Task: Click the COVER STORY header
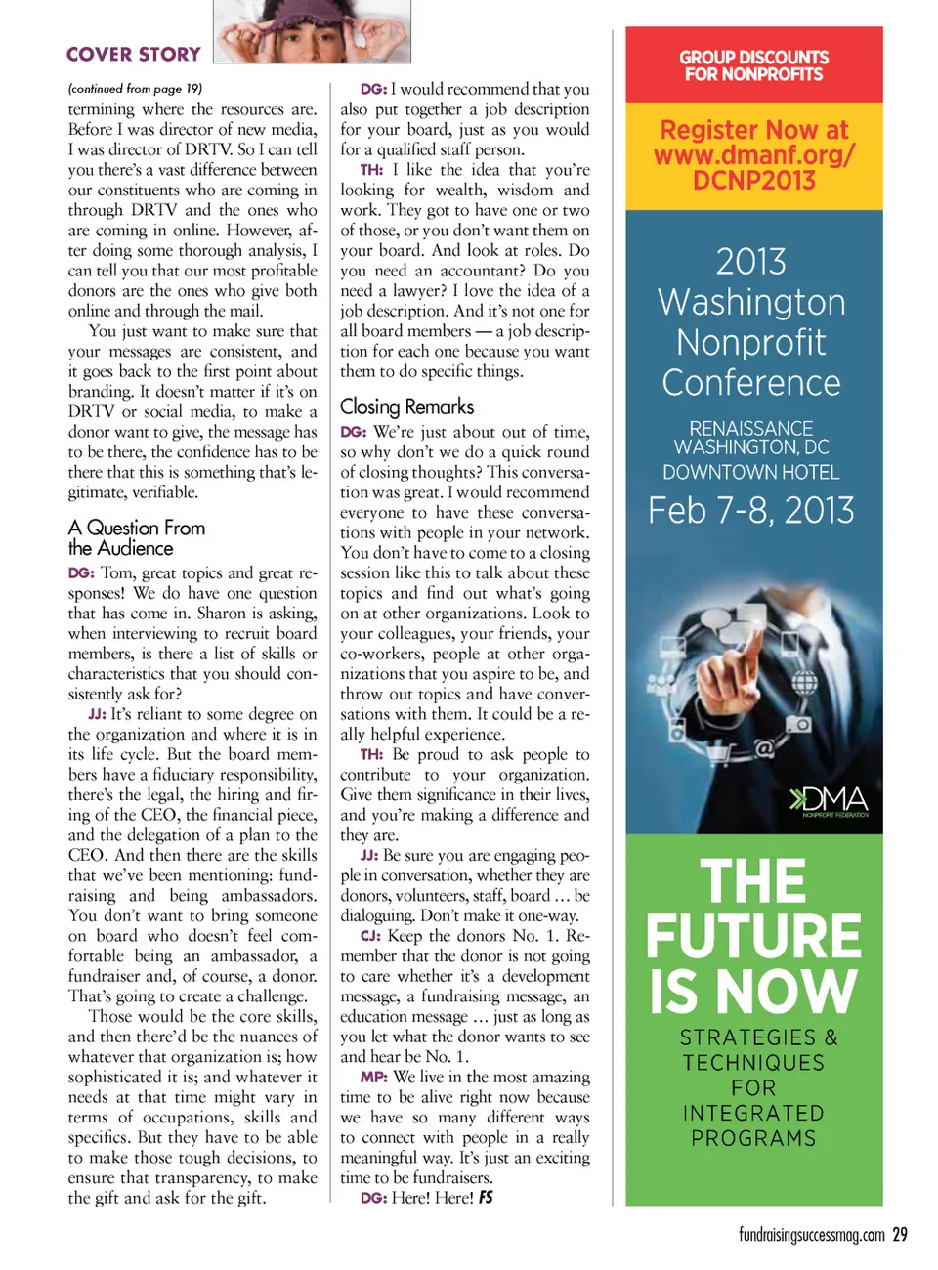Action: tap(134, 55)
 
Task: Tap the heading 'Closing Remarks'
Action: tap(406, 406)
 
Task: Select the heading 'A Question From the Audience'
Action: tap(137, 538)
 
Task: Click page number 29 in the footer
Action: tap(899, 1235)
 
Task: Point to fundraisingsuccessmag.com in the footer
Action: tap(811, 1236)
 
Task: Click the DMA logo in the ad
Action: tap(829, 800)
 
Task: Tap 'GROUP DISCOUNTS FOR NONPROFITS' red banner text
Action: tap(753, 65)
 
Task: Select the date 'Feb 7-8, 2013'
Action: tap(750, 510)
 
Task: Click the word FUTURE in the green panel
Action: tap(753, 936)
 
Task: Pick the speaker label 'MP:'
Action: tap(373, 1077)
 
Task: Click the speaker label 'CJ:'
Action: tap(370, 936)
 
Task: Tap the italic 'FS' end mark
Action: tap(486, 1198)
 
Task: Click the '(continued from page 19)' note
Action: tap(135, 88)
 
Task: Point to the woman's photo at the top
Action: tap(312, 31)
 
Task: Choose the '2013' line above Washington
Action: tap(750, 262)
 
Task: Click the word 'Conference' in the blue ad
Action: tap(750, 383)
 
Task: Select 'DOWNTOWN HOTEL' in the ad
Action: tap(750, 473)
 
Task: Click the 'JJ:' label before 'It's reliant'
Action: tap(97, 714)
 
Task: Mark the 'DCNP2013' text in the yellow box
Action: tap(753, 181)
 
